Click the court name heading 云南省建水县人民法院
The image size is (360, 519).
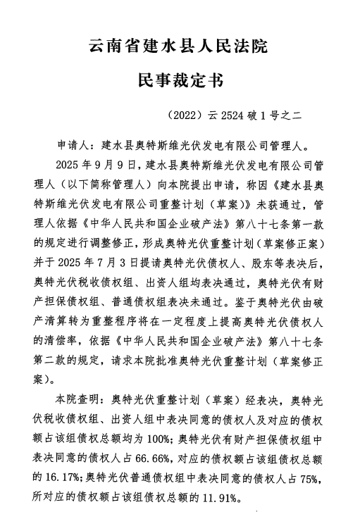coord(180,49)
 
